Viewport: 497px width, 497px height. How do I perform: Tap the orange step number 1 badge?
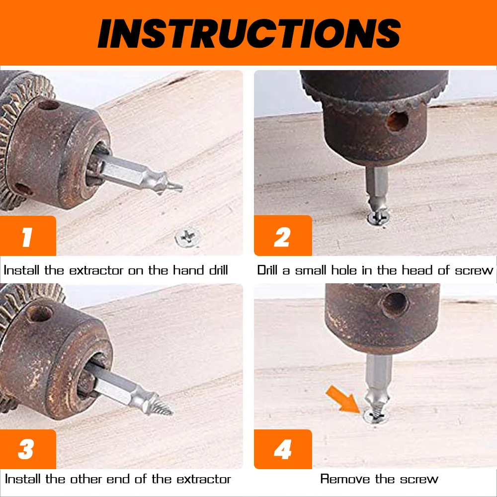(x=27, y=237)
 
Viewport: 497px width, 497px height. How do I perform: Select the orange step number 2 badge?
(x=282, y=237)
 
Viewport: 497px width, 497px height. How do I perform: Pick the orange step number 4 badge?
(x=282, y=450)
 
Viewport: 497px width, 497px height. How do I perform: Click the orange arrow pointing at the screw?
(x=342, y=398)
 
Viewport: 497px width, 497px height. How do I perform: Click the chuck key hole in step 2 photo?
(x=397, y=121)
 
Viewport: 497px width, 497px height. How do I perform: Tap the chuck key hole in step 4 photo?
(x=395, y=303)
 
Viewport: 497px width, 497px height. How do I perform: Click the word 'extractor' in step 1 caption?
(x=97, y=271)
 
